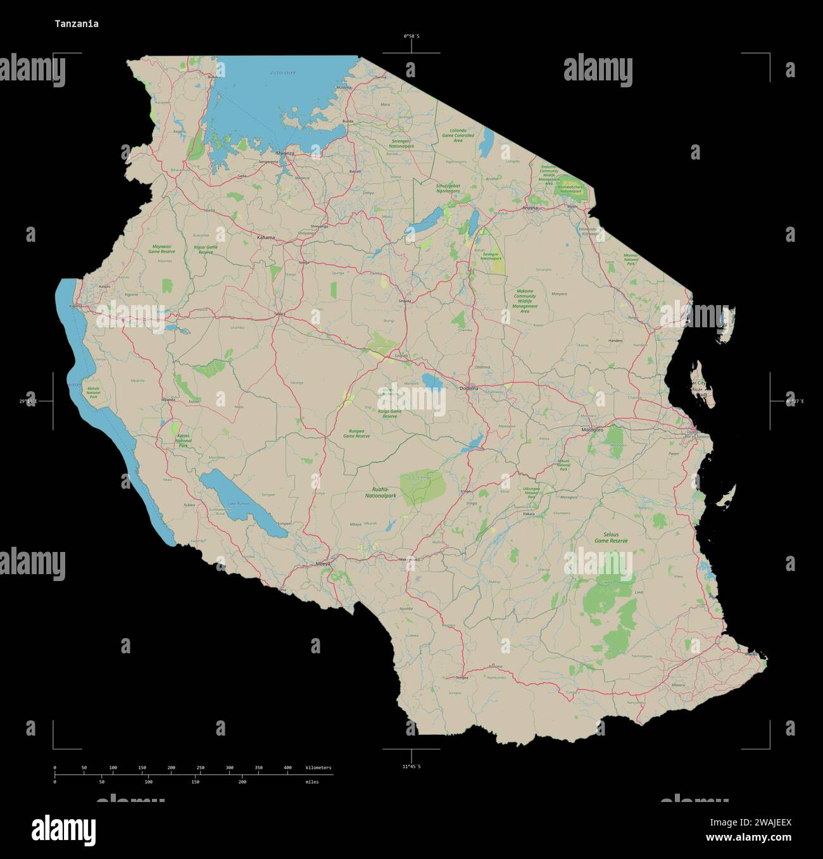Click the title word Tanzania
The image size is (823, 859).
click(76, 24)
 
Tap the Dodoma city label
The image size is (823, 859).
click(469, 388)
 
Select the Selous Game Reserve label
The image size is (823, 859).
click(611, 537)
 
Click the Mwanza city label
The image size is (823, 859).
click(285, 153)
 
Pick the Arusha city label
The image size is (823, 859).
click(530, 208)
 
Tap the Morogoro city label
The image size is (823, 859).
click(593, 430)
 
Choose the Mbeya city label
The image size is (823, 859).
click(323, 563)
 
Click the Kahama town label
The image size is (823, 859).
click(266, 237)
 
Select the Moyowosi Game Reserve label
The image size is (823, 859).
click(161, 249)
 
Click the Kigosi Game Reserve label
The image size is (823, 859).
click(205, 249)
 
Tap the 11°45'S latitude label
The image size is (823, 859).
click(411, 767)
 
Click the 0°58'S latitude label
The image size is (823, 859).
click(411, 36)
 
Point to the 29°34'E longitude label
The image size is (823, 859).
click(28, 401)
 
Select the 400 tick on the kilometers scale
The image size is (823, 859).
click(287, 768)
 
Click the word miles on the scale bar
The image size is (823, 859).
click(312, 782)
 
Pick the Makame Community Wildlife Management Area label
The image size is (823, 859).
click(525, 301)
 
